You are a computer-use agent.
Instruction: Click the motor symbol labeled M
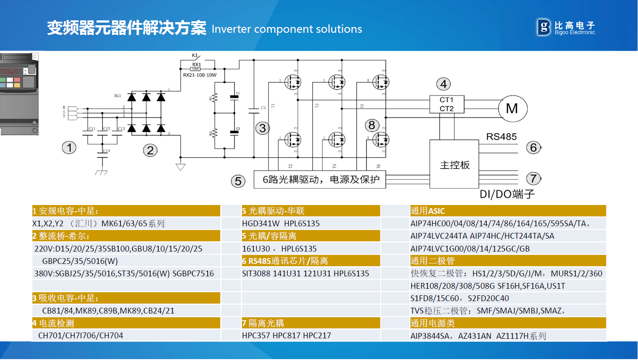point(512,108)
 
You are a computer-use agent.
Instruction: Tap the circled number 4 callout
point(443,84)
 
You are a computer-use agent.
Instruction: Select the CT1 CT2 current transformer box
point(446,104)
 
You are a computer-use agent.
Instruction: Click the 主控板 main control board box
point(455,165)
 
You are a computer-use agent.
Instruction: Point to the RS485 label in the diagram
point(502,136)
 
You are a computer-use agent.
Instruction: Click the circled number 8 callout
point(372,125)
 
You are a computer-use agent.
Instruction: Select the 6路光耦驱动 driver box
point(319,179)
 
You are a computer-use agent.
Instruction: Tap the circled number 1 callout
point(69,148)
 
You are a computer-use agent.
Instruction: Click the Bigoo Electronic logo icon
point(544,27)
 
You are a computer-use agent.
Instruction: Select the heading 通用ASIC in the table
point(428,211)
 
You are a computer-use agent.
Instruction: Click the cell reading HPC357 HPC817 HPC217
point(286,336)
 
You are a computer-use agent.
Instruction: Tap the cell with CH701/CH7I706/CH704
point(81,336)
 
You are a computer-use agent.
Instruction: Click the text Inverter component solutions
point(287,29)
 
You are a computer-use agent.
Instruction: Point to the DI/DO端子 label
point(507,194)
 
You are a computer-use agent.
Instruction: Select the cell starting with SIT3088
point(306,274)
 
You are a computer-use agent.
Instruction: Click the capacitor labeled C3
point(254,110)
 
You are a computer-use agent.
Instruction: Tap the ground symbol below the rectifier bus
point(180,166)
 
